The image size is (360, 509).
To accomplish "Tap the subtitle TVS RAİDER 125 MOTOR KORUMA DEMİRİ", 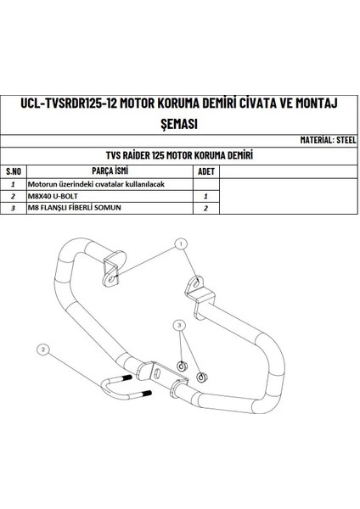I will [x=179, y=155].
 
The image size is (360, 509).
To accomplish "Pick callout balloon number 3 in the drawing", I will [x=179, y=325].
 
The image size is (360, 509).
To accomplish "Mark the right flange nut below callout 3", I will [x=200, y=374].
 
